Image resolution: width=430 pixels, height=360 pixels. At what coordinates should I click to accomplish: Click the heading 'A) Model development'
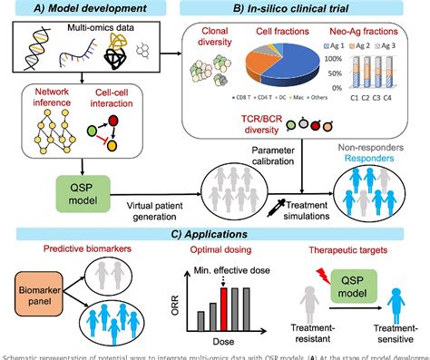pyautogui.click(x=83, y=10)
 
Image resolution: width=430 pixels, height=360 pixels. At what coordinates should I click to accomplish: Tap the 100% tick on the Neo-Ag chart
pyautogui.click(x=333, y=58)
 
